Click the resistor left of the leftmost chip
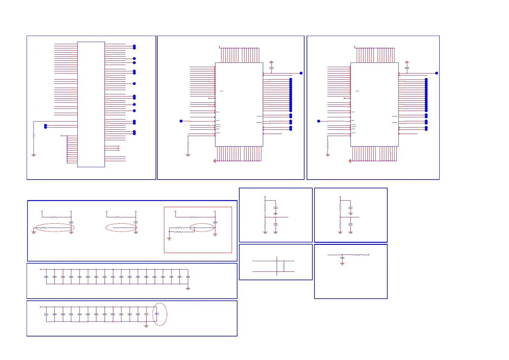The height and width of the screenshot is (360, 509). click(x=34, y=135)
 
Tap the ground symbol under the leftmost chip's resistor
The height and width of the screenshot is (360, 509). click(x=34, y=155)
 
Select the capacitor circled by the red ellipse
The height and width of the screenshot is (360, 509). click(x=156, y=314)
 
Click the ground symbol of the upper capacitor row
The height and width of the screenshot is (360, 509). click(x=188, y=289)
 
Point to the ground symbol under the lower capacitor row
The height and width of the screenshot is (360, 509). click(x=146, y=326)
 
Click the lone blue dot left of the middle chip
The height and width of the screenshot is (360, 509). click(x=181, y=121)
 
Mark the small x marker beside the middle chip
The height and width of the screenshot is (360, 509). click(x=209, y=99)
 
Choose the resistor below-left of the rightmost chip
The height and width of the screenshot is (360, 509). click(x=327, y=146)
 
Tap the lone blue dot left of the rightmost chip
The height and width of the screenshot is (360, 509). click(x=318, y=121)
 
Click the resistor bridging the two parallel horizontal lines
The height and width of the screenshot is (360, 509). click(x=284, y=266)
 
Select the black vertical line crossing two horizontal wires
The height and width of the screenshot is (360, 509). click(x=277, y=266)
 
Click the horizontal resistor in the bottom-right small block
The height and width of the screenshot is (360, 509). click(x=358, y=255)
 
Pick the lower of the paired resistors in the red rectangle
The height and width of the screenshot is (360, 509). click(x=179, y=232)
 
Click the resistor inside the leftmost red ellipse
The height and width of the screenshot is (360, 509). click(x=43, y=228)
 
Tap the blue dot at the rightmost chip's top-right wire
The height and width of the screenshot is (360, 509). click(x=437, y=73)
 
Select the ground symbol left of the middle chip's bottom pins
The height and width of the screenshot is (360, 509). click(x=214, y=161)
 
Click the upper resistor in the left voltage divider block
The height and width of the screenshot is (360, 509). click(x=265, y=208)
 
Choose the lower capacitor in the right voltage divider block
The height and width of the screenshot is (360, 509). click(x=350, y=224)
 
